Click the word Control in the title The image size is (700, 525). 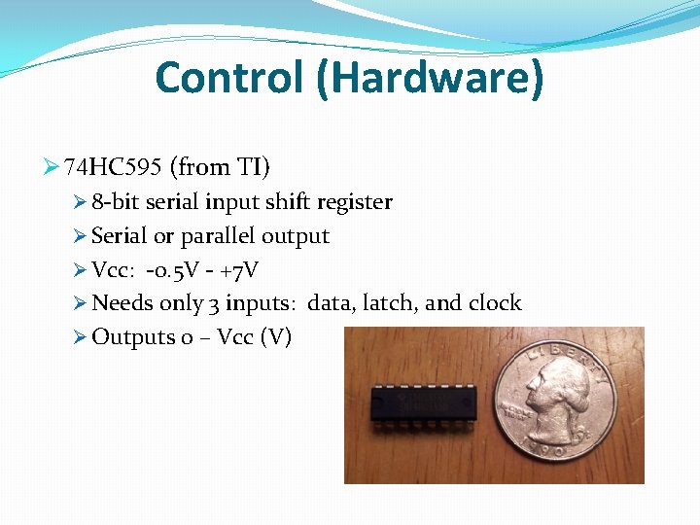(228, 78)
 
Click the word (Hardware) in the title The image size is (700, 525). (429, 78)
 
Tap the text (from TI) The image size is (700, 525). (220, 168)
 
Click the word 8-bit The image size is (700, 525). (115, 202)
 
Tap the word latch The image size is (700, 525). (389, 303)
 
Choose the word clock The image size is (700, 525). (495, 303)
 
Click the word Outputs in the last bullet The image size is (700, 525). (132, 337)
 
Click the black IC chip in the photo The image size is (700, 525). (424, 401)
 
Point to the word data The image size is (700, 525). (330, 303)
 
